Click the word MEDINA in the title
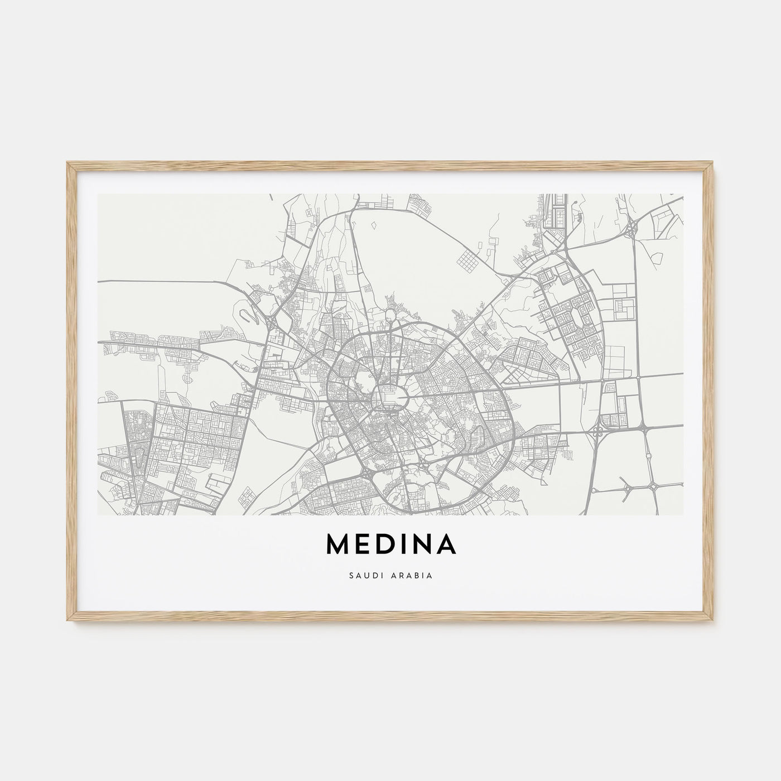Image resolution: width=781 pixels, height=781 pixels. coord(390,545)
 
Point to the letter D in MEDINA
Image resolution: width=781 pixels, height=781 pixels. coord(387,545)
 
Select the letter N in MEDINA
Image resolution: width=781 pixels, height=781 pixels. coord(422,545)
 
